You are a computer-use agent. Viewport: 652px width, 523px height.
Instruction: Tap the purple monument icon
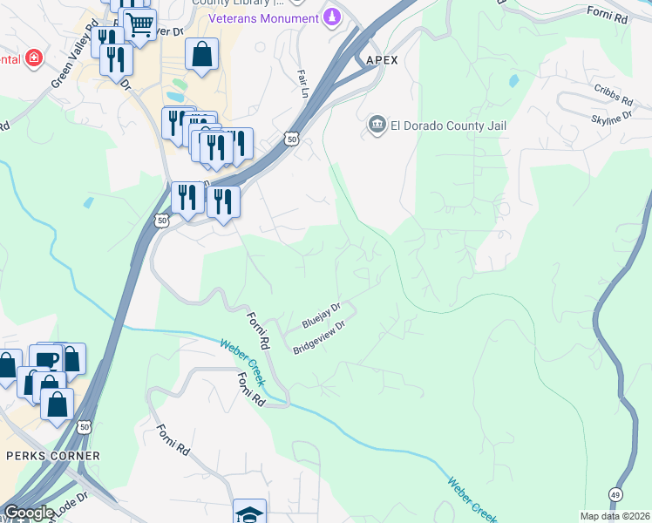(332, 17)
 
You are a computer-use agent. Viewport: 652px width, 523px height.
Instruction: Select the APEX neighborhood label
(381, 60)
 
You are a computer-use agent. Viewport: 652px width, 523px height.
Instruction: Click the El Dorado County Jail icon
(377, 126)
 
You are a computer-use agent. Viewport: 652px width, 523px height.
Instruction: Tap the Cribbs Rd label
(613, 90)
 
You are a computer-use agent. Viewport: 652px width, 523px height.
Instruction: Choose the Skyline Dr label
(611, 116)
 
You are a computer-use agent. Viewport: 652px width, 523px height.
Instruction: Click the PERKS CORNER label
(53, 456)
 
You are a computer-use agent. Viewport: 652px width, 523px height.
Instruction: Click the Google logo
(28, 513)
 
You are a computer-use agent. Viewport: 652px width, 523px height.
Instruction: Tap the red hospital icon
(33, 59)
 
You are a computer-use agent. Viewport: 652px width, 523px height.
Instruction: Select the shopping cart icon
(139, 24)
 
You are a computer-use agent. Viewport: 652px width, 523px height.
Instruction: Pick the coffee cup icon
(45, 358)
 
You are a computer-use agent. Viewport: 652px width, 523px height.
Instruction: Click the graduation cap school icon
(250, 513)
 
